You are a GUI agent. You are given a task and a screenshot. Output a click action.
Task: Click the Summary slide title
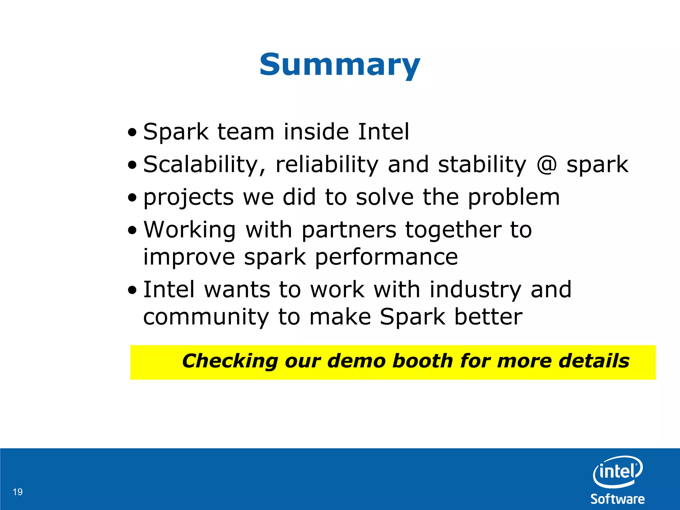pyautogui.click(x=340, y=65)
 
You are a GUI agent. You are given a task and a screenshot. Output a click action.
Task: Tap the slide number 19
pyautogui.click(x=18, y=492)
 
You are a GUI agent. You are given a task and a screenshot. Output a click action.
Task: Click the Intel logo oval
pyautogui.click(x=618, y=471)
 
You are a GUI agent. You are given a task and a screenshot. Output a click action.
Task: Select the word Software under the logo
pyautogui.click(x=618, y=499)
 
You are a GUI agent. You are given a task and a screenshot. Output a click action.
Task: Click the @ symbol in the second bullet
pyautogui.click(x=546, y=165)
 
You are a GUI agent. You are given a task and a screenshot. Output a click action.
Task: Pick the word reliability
pyautogui.click(x=327, y=165)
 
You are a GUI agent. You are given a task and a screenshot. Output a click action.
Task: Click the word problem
pyautogui.click(x=514, y=198)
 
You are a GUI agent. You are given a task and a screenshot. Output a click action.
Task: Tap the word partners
pyautogui.click(x=349, y=230)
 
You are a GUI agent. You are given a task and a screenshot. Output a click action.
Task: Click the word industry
pyautogui.click(x=475, y=290)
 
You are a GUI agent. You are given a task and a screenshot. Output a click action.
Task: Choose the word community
pyautogui.click(x=206, y=317)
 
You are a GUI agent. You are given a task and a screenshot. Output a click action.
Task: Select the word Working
pyautogui.click(x=190, y=230)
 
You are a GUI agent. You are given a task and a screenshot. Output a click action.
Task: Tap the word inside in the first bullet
pyautogui.click(x=316, y=132)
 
